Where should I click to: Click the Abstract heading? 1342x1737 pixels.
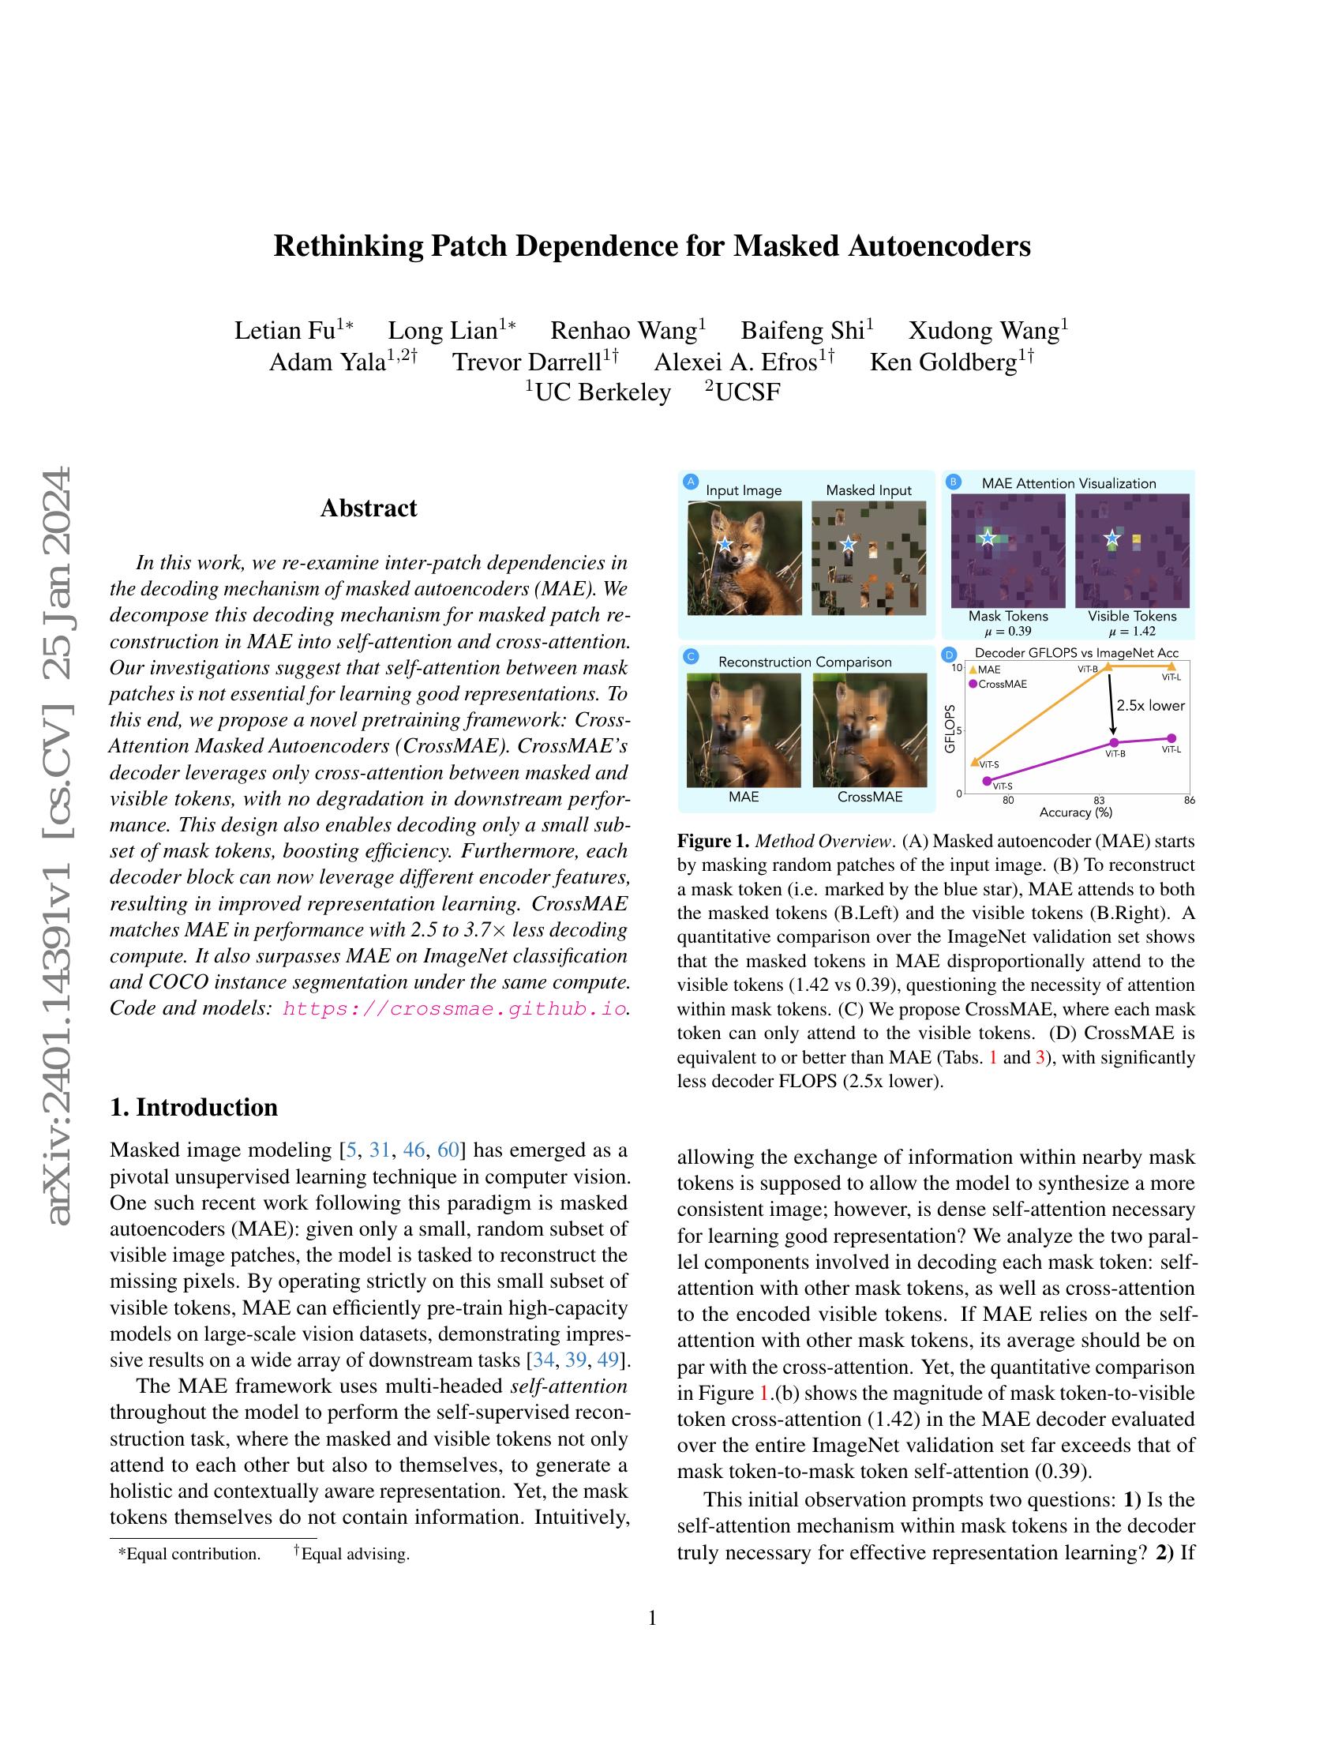coord(368,508)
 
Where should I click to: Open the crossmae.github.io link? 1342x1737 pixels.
coord(454,1009)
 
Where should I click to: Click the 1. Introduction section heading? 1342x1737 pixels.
coord(194,1107)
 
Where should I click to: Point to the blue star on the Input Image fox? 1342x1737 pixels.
coord(724,545)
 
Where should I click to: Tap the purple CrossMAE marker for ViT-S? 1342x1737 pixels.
coord(988,781)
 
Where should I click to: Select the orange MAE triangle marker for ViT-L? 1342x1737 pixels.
coord(1171,666)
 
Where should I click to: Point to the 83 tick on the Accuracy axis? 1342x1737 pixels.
coord(1099,800)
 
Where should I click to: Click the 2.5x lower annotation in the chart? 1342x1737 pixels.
coord(1149,704)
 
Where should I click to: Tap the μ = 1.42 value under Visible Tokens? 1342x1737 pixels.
coord(1132,631)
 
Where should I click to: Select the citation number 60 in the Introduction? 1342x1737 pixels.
coord(448,1150)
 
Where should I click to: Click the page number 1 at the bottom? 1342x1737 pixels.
coord(652,1618)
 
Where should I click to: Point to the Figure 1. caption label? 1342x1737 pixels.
coord(712,841)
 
